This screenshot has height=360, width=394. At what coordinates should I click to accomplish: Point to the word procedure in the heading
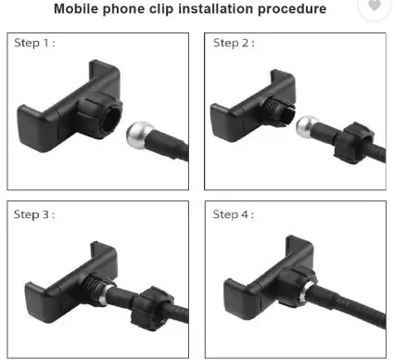coord(292,9)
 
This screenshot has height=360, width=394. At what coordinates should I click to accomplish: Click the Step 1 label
coord(34,43)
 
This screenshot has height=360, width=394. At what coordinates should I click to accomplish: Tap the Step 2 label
coord(234,43)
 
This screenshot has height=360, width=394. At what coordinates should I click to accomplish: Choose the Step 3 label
coord(34,214)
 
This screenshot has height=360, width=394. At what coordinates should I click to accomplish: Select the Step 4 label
coord(234,214)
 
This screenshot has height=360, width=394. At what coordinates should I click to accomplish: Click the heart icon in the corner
coord(375,6)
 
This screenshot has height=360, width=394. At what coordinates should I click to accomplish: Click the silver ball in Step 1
coord(139,135)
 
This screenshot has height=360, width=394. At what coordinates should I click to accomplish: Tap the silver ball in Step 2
coord(307,126)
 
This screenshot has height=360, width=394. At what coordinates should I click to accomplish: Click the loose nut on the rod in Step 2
coord(354,143)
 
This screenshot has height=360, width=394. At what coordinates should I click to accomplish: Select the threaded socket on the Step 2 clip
coord(277,110)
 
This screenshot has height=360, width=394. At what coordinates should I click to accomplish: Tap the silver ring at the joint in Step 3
coord(104,294)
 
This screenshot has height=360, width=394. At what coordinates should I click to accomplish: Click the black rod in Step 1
coord(168,145)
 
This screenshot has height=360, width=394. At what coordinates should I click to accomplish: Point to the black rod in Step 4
coord(346,306)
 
